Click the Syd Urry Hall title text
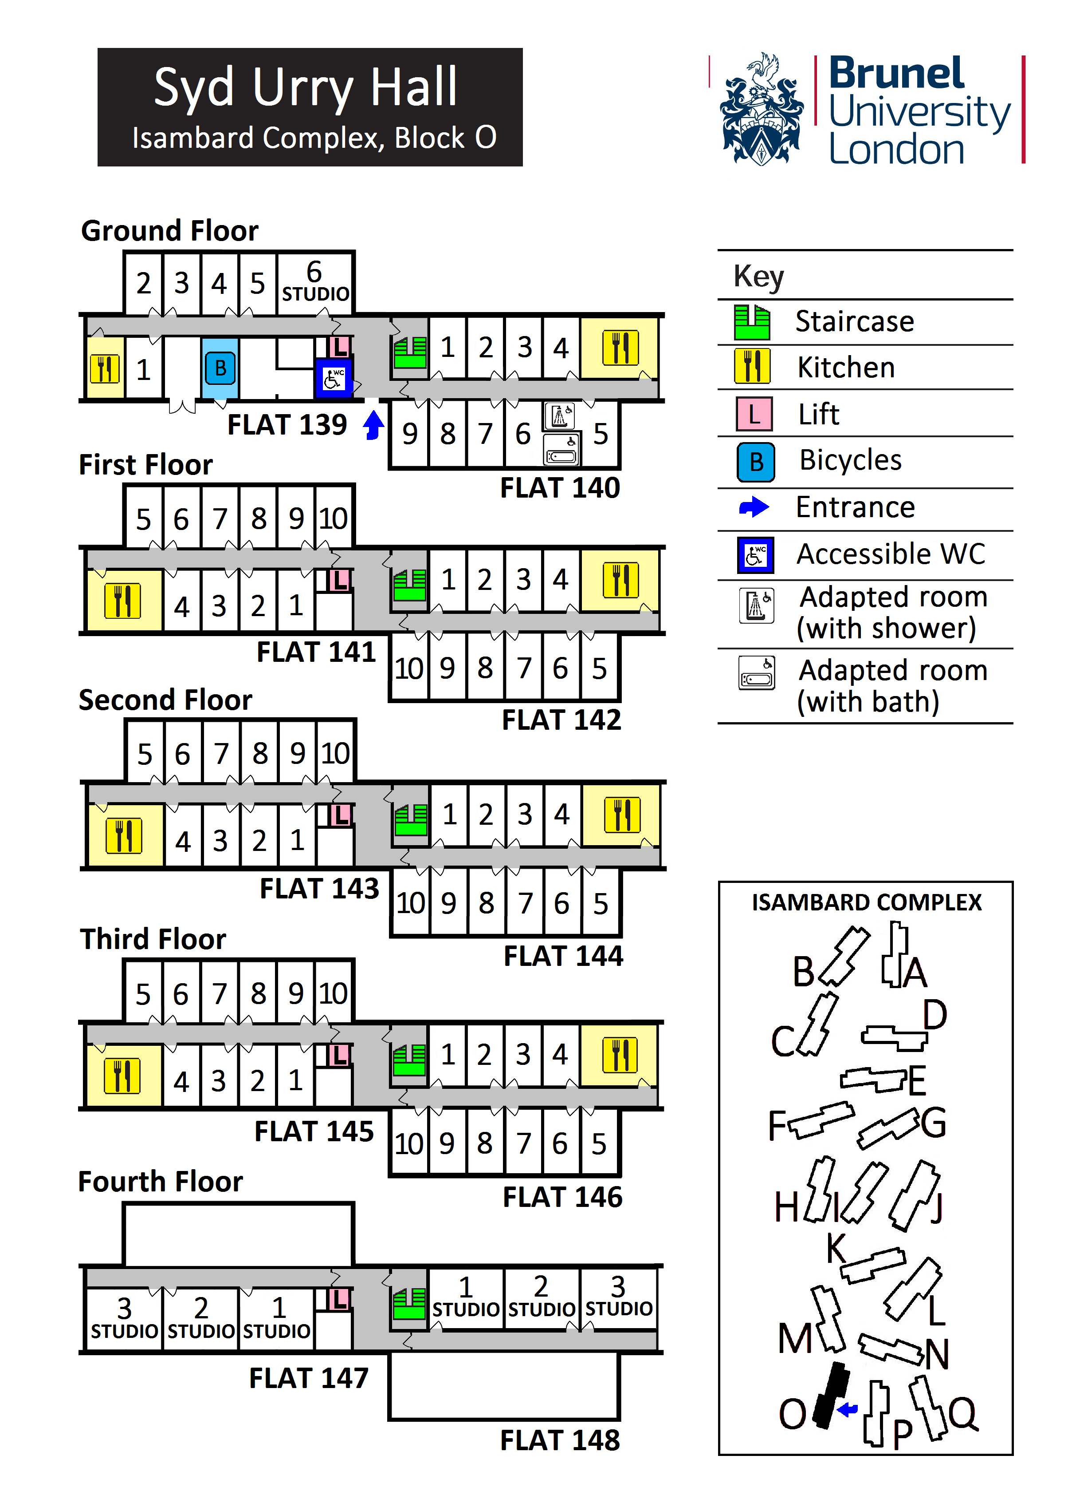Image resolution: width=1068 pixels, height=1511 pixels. click(x=305, y=87)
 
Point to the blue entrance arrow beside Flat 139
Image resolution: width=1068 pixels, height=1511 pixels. click(x=373, y=424)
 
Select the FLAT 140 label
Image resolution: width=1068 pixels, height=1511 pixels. click(x=560, y=488)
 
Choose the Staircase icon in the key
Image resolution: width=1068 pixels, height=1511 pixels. click(x=752, y=322)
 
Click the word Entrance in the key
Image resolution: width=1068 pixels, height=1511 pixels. click(x=855, y=507)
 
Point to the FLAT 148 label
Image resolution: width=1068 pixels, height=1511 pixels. click(x=560, y=1440)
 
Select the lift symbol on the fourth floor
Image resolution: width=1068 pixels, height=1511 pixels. click(x=339, y=1298)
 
